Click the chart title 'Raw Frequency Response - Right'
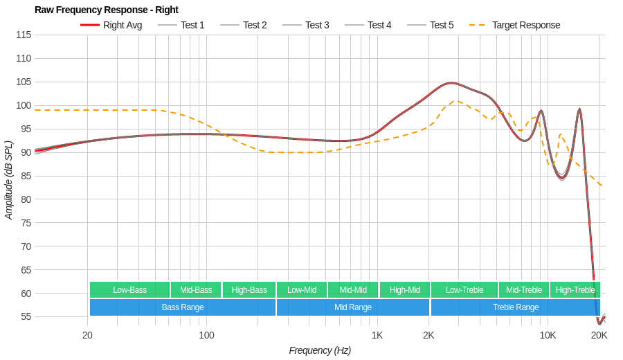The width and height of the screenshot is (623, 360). (x=106, y=10)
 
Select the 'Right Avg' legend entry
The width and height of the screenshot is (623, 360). (x=122, y=25)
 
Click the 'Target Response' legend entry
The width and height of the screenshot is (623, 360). (x=525, y=25)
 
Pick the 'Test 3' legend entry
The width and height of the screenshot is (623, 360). (x=317, y=25)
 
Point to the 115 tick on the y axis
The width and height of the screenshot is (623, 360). (x=23, y=35)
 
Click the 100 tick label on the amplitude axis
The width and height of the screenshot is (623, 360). (x=23, y=105)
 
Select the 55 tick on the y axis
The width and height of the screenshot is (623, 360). (x=26, y=316)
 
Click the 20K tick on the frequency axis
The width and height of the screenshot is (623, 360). (x=599, y=335)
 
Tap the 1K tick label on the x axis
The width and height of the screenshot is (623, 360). (x=377, y=335)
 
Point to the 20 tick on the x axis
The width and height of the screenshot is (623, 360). (x=87, y=335)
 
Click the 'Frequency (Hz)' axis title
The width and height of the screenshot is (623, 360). (x=320, y=350)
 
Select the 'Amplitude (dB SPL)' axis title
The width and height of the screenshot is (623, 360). (x=9, y=180)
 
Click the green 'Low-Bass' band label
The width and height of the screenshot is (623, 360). (x=129, y=289)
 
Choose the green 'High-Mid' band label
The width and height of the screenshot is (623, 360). (x=404, y=289)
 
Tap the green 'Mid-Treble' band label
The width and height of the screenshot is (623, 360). (x=524, y=289)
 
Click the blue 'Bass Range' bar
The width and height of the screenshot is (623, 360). (x=183, y=307)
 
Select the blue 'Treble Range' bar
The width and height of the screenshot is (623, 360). (x=515, y=307)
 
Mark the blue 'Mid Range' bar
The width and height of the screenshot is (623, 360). (x=353, y=307)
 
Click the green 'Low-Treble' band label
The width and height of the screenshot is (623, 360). (x=464, y=289)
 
